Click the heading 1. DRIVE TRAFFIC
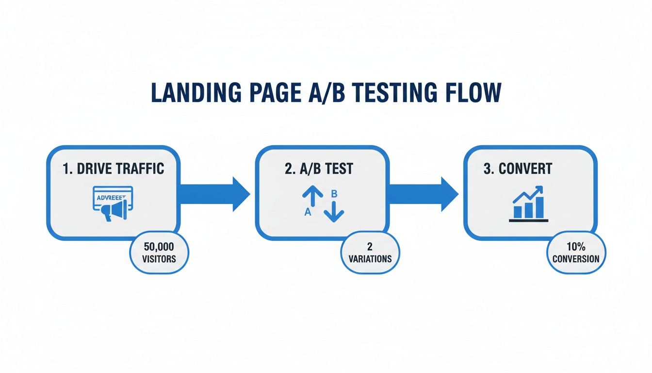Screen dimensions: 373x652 pos(114,169)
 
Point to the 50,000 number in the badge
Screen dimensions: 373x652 pos(159,248)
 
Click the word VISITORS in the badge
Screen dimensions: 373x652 pos(159,259)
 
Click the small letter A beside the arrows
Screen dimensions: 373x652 pos(307,212)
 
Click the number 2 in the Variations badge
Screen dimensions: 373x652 pos(370,248)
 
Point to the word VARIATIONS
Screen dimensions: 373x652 pos(370,259)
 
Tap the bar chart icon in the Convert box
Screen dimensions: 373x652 pos(528,204)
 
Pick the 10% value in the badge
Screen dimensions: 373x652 pos(576,248)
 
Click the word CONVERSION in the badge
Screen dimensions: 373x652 pos(576,259)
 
